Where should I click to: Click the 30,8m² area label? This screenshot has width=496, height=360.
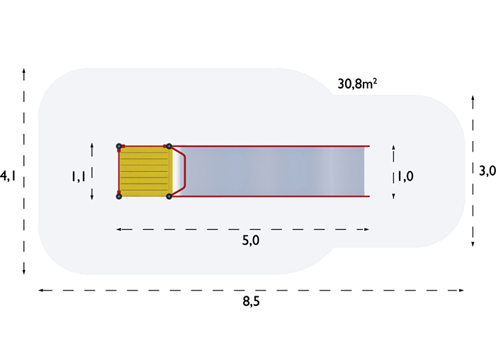point(357,84)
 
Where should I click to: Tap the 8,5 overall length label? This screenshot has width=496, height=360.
point(251,301)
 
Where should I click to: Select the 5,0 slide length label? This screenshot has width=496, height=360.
point(251,241)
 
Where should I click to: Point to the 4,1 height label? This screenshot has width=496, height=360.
point(8,176)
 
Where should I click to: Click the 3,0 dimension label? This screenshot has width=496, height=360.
point(487,171)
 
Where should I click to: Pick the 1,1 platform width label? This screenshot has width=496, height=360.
point(78,176)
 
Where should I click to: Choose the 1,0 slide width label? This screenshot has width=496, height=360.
point(405,176)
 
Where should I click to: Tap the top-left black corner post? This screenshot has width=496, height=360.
point(119,146)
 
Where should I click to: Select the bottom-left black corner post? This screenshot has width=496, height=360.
point(119,196)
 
